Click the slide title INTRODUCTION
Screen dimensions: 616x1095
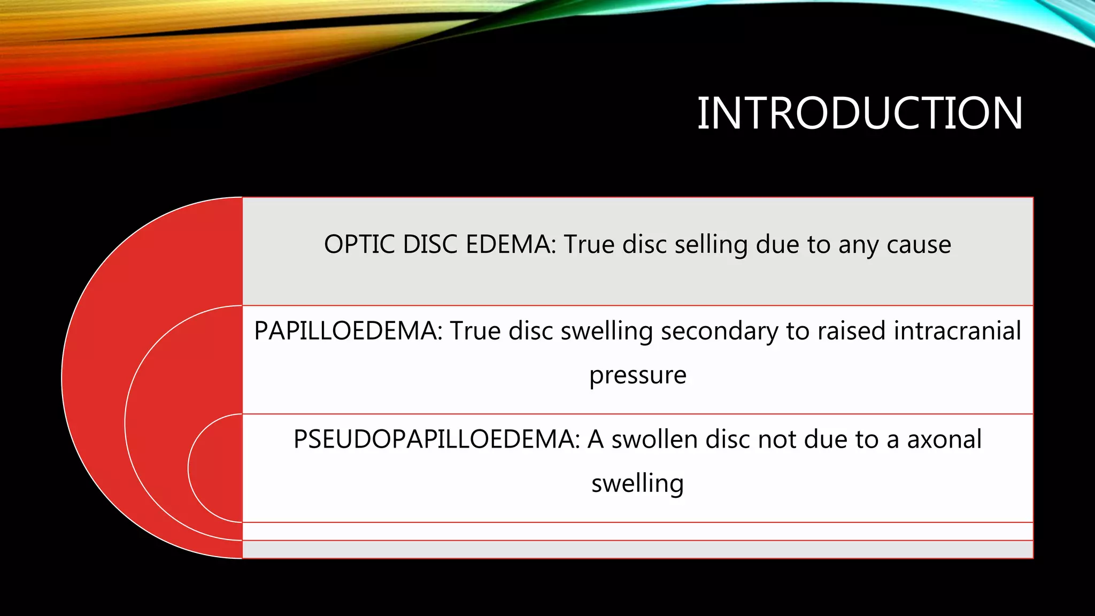(x=860, y=113)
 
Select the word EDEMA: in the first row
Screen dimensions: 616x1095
(x=511, y=245)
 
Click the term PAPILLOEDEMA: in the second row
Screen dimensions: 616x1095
(x=348, y=331)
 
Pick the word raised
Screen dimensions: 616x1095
(x=852, y=331)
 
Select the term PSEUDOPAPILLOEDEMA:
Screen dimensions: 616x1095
(x=436, y=440)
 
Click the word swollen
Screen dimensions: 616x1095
(x=654, y=440)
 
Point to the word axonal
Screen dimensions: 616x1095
(x=944, y=440)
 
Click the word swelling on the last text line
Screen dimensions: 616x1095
(x=637, y=484)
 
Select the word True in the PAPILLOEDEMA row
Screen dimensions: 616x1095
(x=475, y=331)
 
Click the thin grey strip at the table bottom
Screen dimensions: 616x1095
(x=637, y=549)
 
